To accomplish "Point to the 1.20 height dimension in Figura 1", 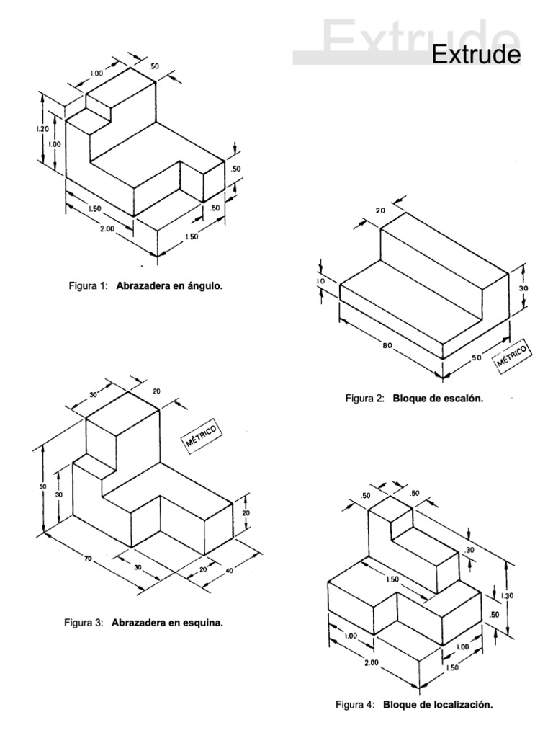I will click(x=42, y=128).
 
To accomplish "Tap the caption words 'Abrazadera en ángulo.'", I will click(x=169, y=285).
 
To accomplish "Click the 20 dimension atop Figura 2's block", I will click(x=380, y=210).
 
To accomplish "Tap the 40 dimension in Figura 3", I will click(x=230, y=571).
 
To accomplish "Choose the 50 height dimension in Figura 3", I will click(x=42, y=486).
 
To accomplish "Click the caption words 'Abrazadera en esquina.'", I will click(x=167, y=623).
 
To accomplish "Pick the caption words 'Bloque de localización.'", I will click(x=438, y=705).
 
